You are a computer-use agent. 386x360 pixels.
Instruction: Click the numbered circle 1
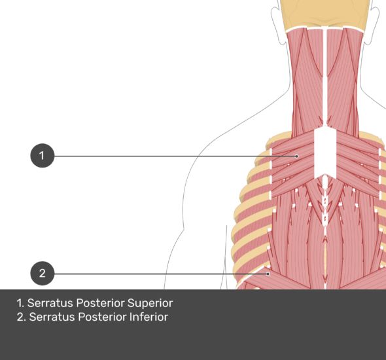click(x=43, y=156)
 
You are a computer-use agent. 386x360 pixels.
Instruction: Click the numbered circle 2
click(x=43, y=274)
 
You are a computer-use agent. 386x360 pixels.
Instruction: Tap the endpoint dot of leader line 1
click(x=296, y=156)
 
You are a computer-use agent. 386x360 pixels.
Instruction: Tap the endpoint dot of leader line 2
click(x=268, y=274)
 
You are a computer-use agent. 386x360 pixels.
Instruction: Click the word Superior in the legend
click(x=150, y=303)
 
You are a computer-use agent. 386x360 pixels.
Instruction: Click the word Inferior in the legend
click(x=149, y=317)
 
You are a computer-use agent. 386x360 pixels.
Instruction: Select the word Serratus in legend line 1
click(x=50, y=303)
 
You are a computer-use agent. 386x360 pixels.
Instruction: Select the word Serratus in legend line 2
click(x=52, y=317)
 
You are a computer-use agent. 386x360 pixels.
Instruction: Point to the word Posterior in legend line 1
click(x=101, y=303)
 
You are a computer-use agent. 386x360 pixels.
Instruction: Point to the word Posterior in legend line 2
click(x=103, y=317)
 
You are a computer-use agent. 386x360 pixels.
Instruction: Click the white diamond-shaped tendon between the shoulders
click(x=325, y=152)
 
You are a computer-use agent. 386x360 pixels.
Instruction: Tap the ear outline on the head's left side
click(x=277, y=25)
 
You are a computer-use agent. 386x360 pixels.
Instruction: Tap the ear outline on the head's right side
click(x=372, y=25)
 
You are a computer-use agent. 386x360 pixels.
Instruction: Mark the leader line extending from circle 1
click(x=175, y=156)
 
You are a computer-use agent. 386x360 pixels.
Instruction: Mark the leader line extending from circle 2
click(x=160, y=274)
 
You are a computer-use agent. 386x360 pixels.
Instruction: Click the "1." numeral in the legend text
click(x=20, y=303)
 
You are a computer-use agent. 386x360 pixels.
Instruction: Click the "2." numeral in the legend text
click(x=21, y=317)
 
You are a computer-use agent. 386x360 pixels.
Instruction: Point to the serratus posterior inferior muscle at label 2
click(x=278, y=279)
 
